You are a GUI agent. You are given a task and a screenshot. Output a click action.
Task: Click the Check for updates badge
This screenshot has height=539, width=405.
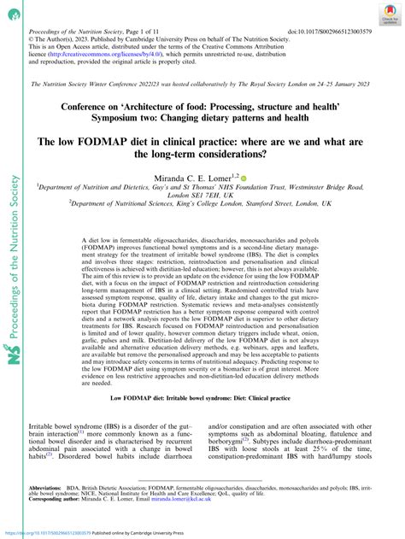(x=390, y=12)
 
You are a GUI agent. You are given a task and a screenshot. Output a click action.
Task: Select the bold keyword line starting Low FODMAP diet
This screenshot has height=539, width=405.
(x=202, y=423)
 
